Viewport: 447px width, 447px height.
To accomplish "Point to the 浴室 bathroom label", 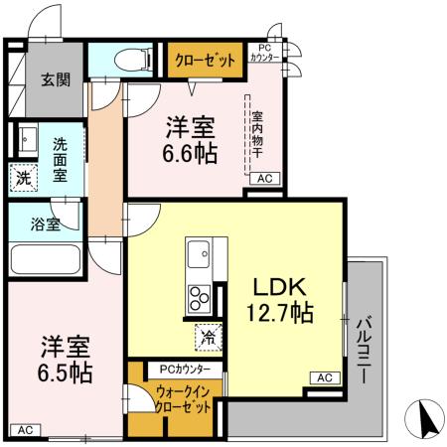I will (46, 223).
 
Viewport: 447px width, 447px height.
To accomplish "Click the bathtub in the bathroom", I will (47, 260).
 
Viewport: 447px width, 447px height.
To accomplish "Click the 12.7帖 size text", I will (279, 315).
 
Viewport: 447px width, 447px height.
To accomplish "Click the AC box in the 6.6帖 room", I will (264, 178).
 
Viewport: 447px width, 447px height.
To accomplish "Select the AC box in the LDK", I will (324, 377).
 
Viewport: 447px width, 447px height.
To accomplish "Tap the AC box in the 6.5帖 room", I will (26, 429).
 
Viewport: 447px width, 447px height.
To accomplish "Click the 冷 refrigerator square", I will (207, 336).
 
